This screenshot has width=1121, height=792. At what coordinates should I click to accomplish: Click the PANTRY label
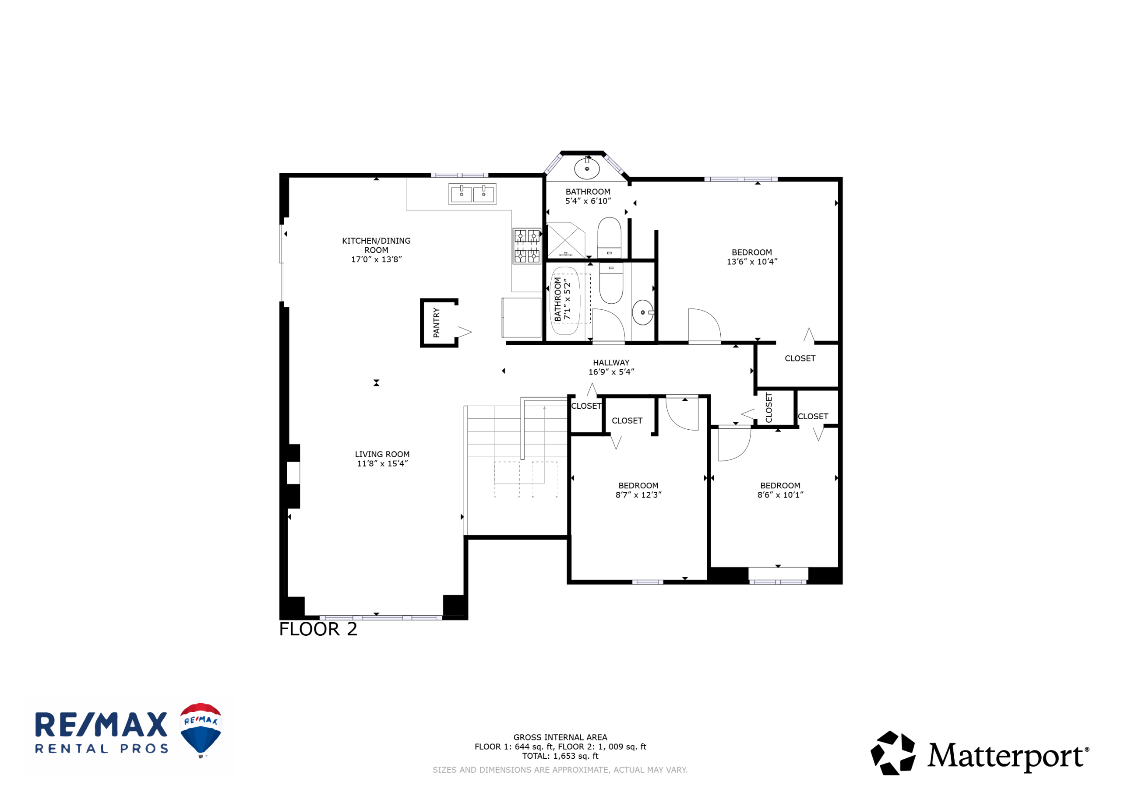437,322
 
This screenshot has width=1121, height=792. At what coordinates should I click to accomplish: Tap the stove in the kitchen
527,246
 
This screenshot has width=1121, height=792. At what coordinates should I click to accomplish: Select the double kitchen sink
472,194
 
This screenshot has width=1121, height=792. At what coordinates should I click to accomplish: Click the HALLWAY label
611,363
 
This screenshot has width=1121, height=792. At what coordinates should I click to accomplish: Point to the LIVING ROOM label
382,454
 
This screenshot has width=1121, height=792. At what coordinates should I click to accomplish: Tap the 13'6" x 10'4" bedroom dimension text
752,262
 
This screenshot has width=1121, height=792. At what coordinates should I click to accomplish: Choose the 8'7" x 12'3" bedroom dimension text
638,495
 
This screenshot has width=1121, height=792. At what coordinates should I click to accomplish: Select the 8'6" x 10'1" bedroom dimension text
780,495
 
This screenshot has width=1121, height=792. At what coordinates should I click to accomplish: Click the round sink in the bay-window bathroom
587,169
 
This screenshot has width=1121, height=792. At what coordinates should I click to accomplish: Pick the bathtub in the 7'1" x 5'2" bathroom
565,301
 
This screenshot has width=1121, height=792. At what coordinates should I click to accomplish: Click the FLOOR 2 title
318,629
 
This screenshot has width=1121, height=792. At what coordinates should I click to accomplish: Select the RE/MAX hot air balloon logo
201,730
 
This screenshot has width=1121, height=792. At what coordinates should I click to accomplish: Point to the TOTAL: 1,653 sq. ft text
560,756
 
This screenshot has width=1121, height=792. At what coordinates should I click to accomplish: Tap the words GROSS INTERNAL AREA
560,737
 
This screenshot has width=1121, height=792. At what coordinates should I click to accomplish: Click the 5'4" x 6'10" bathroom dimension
588,201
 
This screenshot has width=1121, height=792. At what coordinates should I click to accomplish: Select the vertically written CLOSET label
768,407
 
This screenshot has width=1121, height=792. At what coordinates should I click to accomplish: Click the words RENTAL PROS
102,749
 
